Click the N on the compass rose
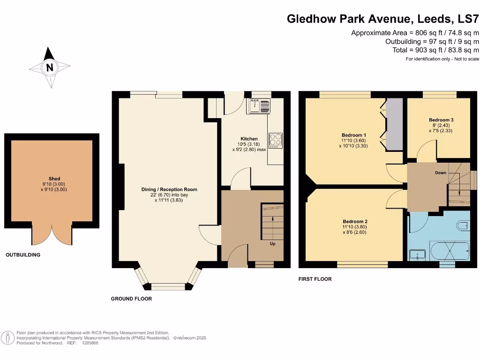50,67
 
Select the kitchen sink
259,106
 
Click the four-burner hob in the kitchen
275,140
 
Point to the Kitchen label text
249,139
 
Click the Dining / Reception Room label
169,189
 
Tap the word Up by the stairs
272,244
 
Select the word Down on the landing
441,172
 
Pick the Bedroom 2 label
355,221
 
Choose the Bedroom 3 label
442,120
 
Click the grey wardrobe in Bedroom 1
394,124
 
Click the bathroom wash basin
416,255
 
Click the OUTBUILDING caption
23,255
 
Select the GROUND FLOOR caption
131,299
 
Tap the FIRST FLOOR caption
315,279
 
